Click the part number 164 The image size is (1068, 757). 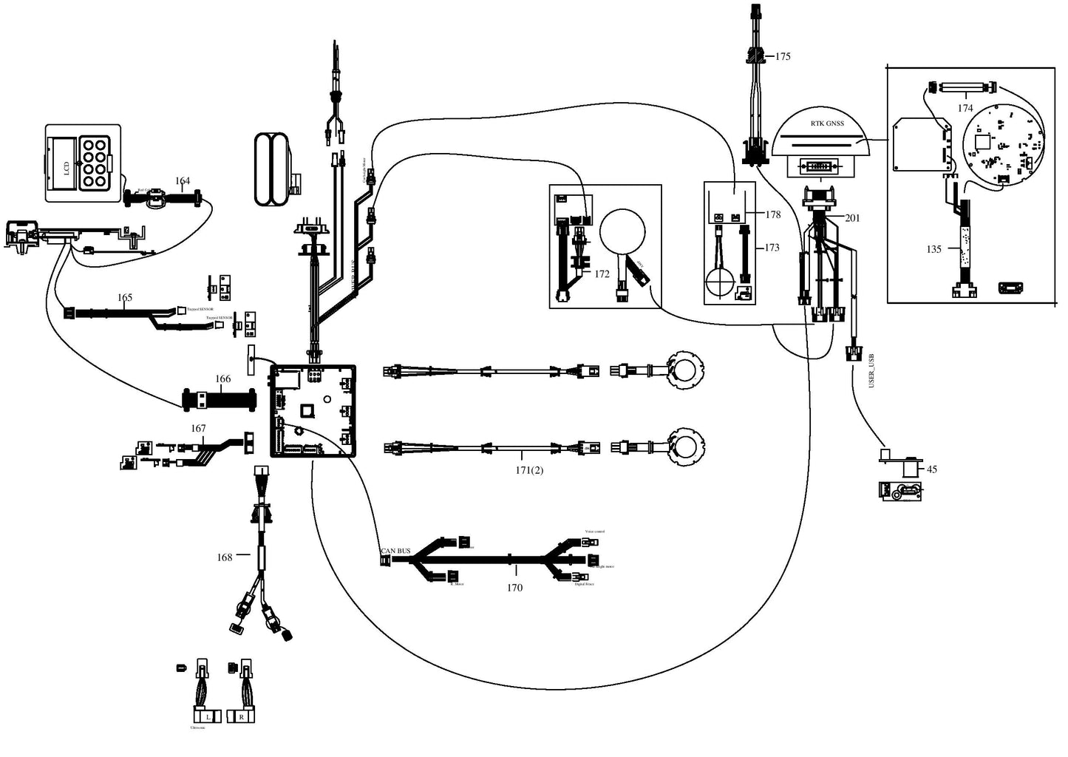point(183,181)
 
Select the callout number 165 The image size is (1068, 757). point(125,298)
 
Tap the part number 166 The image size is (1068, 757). point(223,379)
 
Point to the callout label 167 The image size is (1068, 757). point(198,429)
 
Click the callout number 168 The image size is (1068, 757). point(225,557)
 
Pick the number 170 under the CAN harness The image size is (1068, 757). point(514,588)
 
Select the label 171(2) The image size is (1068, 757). point(529,470)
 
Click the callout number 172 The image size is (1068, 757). point(602,274)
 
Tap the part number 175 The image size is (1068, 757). point(783,56)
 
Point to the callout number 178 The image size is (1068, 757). point(773,215)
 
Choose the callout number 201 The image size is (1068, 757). point(852,218)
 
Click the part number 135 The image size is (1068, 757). point(934,249)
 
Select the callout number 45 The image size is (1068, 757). point(932,469)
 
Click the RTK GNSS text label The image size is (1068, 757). point(821,124)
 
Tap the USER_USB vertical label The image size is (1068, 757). point(871,371)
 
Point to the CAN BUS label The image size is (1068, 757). point(395,551)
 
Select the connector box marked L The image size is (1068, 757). point(208,717)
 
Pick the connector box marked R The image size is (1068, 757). point(241,717)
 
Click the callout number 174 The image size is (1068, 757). point(965,108)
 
